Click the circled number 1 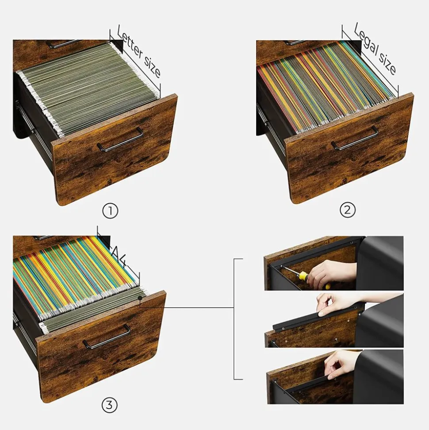click(110, 211)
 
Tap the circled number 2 click(348, 210)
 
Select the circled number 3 click(109, 404)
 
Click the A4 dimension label click(120, 256)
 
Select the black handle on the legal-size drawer click(355, 138)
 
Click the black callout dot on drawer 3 click(140, 298)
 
